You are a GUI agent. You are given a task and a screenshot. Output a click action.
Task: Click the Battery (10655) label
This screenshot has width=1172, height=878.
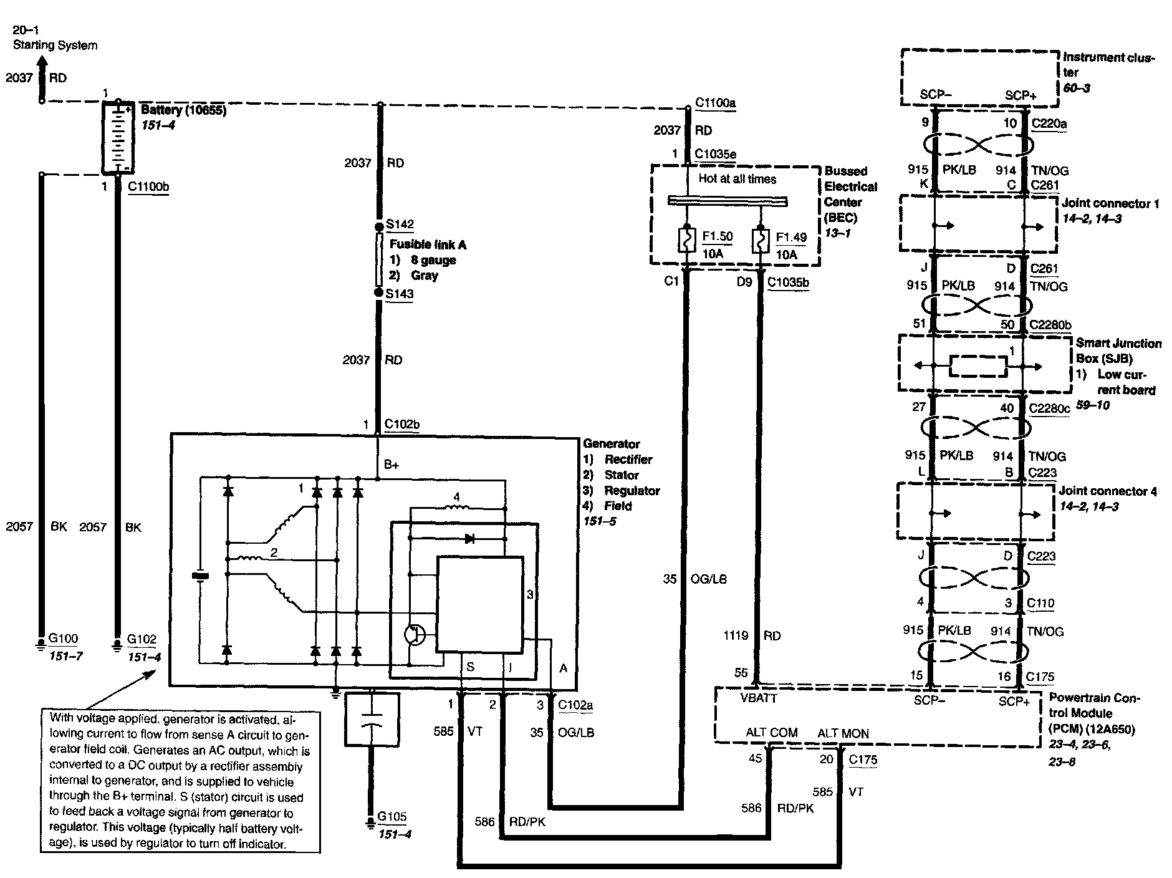(183, 110)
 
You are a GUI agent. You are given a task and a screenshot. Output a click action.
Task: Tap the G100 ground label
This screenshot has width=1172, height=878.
(63, 639)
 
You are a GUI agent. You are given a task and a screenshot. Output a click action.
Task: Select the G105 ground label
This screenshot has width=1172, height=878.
(392, 817)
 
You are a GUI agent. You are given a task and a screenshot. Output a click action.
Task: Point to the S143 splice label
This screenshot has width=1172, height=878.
(400, 294)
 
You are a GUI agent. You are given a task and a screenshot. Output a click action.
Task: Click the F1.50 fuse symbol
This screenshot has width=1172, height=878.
(686, 241)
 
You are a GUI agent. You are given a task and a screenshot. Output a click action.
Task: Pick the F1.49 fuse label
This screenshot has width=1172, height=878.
(791, 237)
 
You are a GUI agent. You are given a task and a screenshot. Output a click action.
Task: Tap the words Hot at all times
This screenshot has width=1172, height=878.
(737, 179)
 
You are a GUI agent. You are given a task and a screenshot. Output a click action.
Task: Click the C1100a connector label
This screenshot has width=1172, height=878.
(715, 102)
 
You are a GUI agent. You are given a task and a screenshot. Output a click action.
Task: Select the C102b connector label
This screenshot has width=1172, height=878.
(402, 425)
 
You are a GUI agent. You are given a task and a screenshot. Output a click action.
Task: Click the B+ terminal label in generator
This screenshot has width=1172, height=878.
(391, 464)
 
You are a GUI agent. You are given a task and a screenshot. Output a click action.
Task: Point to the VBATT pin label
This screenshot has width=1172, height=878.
(758, 698)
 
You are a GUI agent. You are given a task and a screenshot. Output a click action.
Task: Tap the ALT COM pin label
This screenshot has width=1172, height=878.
(771, 733)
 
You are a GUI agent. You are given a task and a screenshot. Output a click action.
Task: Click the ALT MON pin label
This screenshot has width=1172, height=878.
(843, 733)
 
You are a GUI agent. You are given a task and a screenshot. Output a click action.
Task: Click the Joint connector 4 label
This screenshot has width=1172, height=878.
(1108, 491)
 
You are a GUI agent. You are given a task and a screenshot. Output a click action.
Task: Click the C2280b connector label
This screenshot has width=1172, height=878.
(1050, 325)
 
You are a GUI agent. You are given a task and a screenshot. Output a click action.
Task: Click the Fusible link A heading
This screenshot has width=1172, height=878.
(428, 244)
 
